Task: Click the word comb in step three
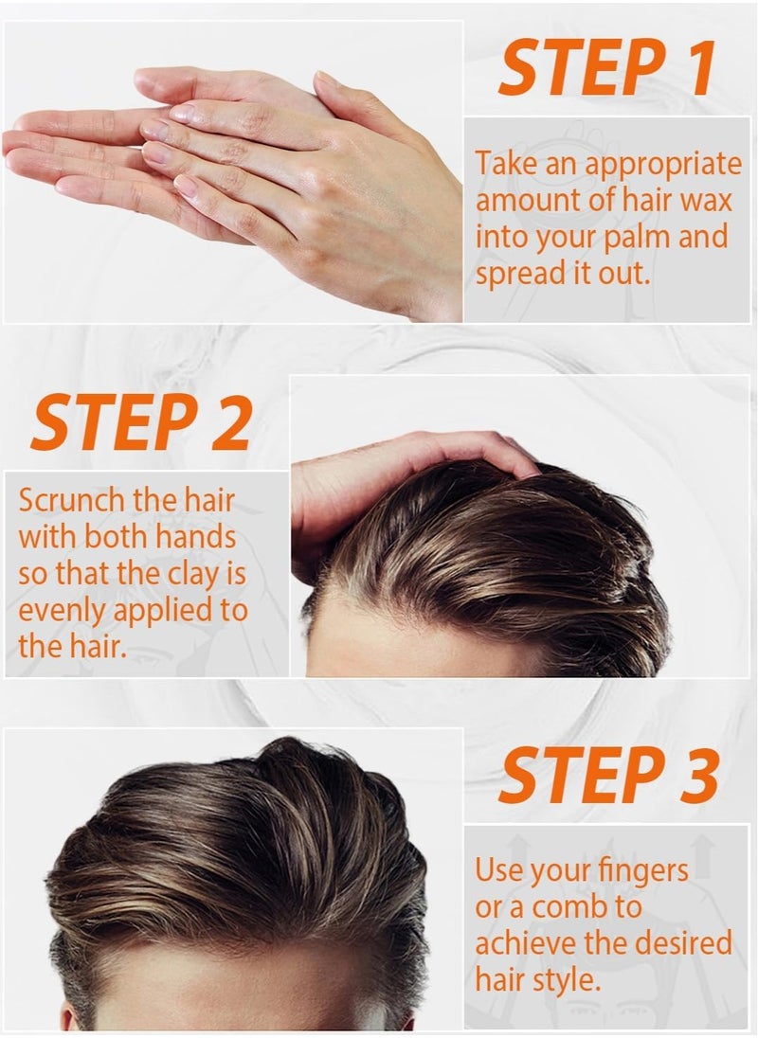(x=568, y=907)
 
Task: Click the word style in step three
(x=567, y=980)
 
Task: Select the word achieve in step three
(x=516, y=943)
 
